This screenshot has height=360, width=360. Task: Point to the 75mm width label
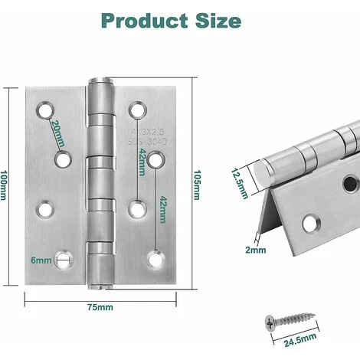100,308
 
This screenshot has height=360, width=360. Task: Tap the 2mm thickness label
257,249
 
